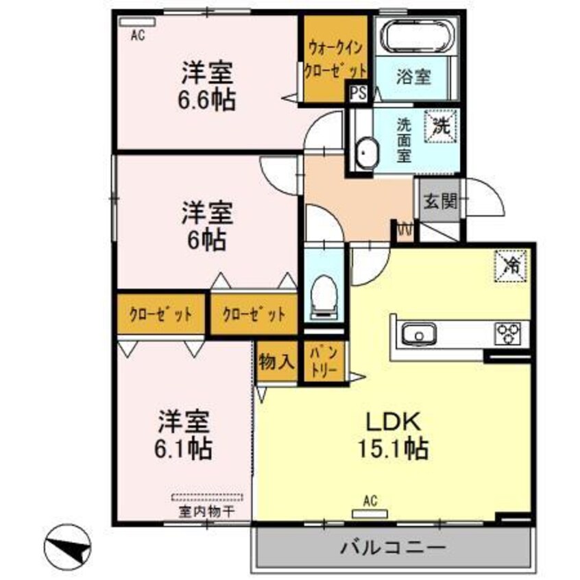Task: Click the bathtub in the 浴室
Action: [418, 36]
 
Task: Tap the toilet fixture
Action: [324, 297]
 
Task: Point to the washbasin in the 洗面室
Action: [367, 153]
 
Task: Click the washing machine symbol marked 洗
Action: [441, 127]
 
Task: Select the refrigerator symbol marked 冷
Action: [511, 265]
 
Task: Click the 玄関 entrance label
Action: [440, 202]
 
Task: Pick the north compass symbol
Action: [67, 548]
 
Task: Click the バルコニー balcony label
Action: [392, 547]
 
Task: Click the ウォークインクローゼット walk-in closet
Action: [335, 59]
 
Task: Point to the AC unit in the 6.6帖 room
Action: [137, 22]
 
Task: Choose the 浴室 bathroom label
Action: [413, 77]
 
